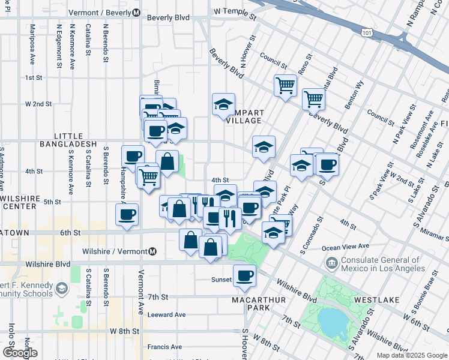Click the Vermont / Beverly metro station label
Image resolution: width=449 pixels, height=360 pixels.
point(100,13)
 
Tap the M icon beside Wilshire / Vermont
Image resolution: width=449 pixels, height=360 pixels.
point(153,251)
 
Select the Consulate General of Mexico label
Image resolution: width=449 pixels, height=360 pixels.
point(377,263)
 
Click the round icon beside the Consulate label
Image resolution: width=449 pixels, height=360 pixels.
point(331,263)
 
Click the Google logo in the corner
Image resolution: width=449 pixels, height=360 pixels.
point(20,352)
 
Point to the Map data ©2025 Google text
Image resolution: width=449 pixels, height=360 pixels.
point(411,355)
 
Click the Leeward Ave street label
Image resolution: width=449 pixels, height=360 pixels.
point(167,314)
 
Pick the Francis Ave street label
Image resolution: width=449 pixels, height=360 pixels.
point(164,347)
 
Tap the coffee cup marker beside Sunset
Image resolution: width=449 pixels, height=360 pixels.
point(244,276)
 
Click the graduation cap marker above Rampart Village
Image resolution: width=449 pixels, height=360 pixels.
point(223,104)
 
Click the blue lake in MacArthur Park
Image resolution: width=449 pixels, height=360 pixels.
point(330,322)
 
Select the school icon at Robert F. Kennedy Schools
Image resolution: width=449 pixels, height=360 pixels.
point(61,290)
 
